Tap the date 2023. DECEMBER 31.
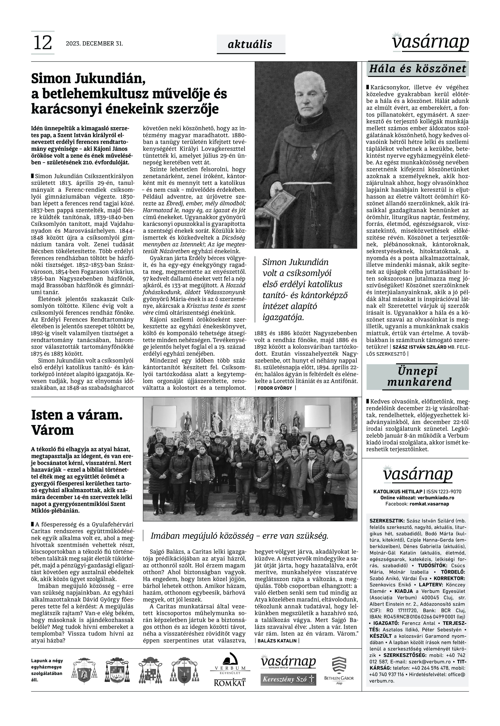(x=94, y=43)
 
